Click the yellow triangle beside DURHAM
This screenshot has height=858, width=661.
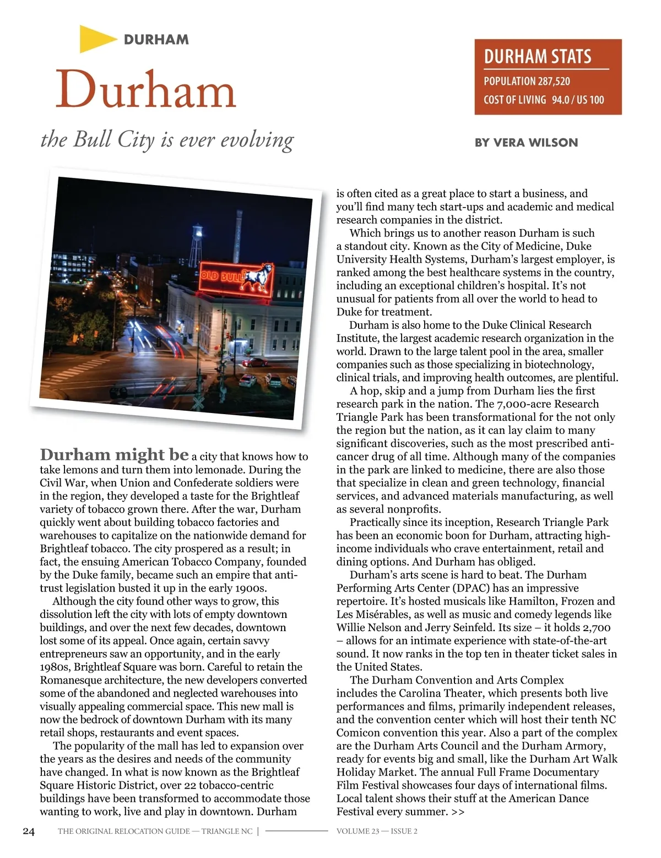[95, 39]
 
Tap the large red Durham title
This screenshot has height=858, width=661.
[146, 90]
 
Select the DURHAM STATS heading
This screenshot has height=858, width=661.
[537, 56]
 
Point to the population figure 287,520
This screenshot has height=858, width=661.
[554, 82]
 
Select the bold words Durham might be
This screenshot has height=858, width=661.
[115, 455]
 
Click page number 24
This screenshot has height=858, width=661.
[29, 831]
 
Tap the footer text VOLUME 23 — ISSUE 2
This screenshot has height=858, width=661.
[377, 831]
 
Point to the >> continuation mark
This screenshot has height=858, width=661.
[458, 812]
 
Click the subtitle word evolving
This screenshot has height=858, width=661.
[257, 140]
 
